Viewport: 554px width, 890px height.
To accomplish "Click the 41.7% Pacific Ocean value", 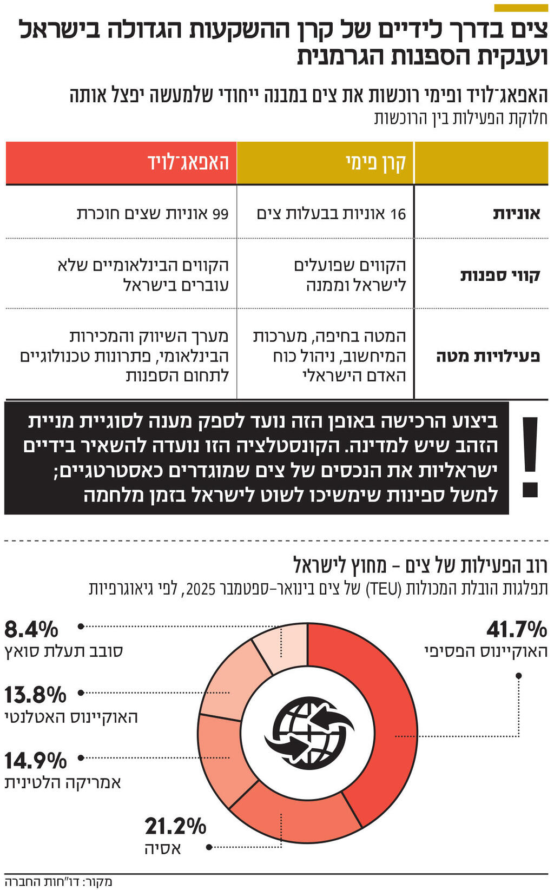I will (516, 630).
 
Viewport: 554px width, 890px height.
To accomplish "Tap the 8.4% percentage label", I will (31, 630).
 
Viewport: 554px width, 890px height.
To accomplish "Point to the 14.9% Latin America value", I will (35, 761).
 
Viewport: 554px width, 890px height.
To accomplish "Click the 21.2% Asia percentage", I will (175, 826).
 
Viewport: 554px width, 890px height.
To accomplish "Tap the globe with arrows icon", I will (308, 734).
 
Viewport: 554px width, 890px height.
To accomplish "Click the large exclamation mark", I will (530, 457).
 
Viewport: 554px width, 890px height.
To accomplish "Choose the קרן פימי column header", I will (375, 163).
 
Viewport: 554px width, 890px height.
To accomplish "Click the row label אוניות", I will (516, 214).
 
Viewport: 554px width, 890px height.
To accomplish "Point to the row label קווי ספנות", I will (500, 275).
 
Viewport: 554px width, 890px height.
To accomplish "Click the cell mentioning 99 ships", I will (153, 214).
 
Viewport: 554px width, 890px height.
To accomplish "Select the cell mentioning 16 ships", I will (331, 214).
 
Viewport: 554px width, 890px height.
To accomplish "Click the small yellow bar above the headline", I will (520, 8).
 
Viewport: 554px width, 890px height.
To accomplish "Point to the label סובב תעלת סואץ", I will (64, 651).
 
